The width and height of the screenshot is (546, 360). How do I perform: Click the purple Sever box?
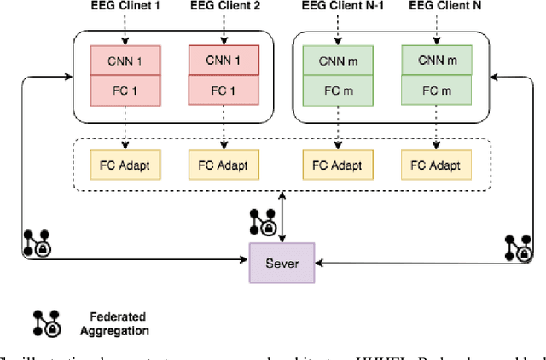281,263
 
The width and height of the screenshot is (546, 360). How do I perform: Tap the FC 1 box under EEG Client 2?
224,90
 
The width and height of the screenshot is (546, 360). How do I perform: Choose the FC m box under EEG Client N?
436,90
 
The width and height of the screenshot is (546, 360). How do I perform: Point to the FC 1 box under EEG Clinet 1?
125,90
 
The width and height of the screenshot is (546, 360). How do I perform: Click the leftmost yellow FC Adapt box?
125,165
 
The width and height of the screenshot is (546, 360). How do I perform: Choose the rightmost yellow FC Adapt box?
436,165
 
